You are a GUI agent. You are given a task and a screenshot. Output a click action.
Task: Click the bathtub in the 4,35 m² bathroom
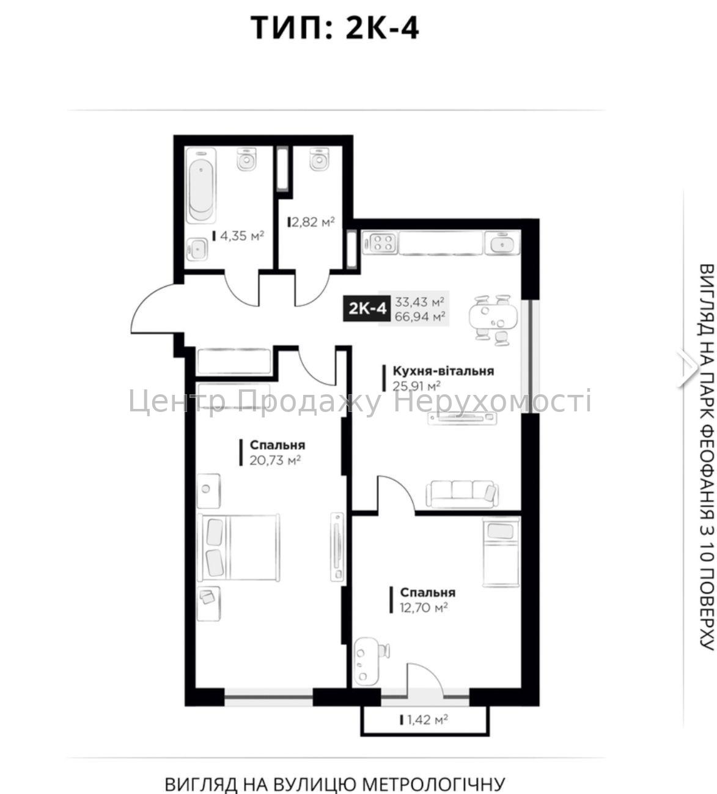[201, 186]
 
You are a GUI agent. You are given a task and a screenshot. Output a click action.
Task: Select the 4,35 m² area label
[238, 237]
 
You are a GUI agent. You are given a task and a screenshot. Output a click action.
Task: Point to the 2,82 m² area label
[311, 222]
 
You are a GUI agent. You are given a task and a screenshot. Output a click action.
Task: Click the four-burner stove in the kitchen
[380, 243]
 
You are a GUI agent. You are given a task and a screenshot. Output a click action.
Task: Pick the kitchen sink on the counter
[502, 243]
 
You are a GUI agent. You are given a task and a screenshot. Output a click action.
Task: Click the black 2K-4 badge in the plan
[367, 309]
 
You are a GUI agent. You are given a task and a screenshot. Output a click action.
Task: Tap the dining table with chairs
[493, 317]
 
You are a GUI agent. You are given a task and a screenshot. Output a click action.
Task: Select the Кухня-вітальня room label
[443, 371]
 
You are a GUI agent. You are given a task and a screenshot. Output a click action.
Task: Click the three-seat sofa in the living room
[461, 494]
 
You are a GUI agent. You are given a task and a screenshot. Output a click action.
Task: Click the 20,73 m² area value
[275, 460]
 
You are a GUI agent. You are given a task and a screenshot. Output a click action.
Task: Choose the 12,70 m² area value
[424, 607]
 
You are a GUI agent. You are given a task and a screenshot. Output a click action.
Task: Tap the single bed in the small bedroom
[501, 553]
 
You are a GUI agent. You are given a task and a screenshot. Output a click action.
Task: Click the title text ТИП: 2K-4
[335, 28]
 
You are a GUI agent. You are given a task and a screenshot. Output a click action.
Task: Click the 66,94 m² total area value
[420, 316]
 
